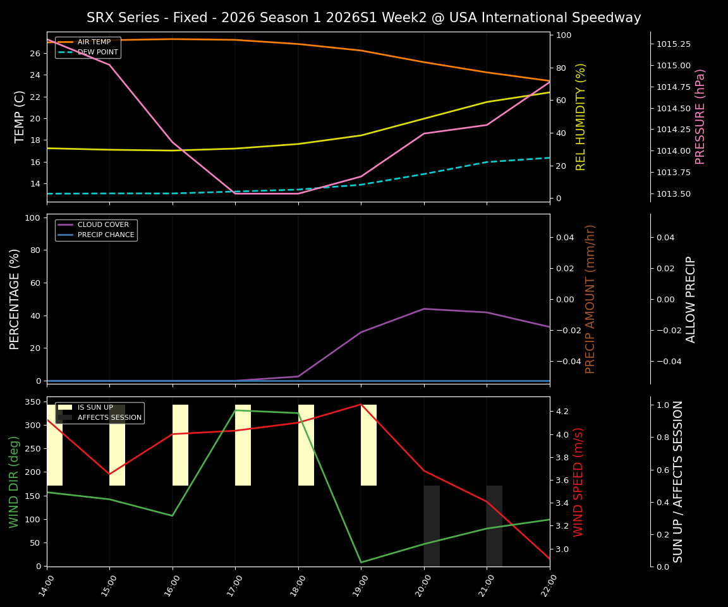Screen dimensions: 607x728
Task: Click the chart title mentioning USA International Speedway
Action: pos(363,18)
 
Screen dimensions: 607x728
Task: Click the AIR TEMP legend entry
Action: pos(94,42)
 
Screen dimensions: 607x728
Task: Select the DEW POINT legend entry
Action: pos(97,52)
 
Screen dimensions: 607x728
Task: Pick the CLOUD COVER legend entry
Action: pos(103,224)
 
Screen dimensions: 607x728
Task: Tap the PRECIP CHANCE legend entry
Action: pos(106,235)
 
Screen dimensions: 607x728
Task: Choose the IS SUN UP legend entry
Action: pos(95,408)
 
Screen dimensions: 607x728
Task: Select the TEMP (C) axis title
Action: pos(20,116)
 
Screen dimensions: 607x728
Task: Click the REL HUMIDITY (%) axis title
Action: pos(581,116)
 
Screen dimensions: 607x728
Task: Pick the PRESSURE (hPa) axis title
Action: pos(700,116)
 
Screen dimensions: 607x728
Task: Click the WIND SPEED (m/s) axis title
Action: pos(578,481)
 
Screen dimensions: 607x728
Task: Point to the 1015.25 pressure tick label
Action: pos(674,44)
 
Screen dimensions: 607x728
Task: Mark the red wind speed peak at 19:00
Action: pos(361,404)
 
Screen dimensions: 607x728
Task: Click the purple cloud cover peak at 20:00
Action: pos(424,309)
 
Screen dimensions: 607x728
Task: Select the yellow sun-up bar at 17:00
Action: pos(243,445)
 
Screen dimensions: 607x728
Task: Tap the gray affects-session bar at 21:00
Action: pos(494,525)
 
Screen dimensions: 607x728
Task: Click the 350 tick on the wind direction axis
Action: pos(32,402)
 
